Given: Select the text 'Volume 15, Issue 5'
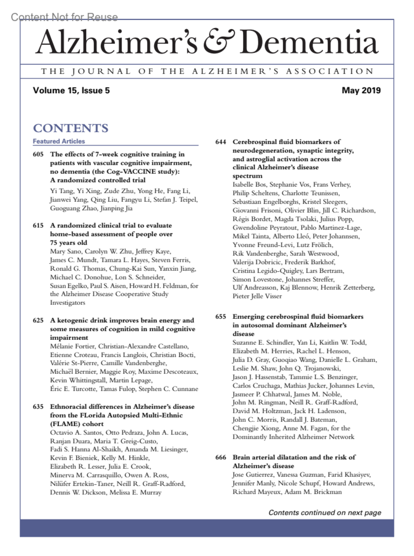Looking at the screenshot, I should (71, 90).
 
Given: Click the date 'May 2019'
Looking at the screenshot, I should (361, 90).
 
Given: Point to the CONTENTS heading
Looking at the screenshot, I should (71, 128).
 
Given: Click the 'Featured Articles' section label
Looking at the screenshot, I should (59, 141).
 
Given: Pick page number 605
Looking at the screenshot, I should (38, 154).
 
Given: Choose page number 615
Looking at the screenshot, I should (38, 225).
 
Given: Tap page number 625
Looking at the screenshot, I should (38, 320).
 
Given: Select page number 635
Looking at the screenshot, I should (38, 407).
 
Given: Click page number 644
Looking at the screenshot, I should (220, 142).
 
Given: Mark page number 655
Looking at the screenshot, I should (220, 316).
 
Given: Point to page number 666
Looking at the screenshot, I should (220, 457).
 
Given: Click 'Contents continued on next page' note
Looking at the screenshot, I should (325, 513).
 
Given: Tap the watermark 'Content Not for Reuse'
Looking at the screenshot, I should (64, 17).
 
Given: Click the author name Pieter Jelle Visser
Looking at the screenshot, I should (257, 296).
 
